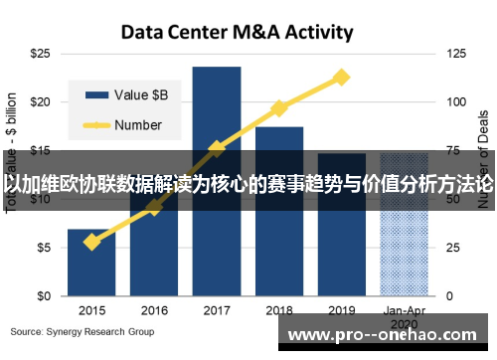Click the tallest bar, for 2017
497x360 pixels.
(x=217, y=179)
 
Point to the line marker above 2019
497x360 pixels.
(x=342, y=77)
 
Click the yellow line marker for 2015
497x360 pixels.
(x=91, y=242)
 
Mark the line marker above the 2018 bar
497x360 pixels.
(x=279, y=107)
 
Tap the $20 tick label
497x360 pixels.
(x=41, y=101)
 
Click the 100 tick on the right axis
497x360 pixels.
(x=457, y=101)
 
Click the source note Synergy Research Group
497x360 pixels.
(x=83, y=331)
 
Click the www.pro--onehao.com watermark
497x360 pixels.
(x=389, y=336)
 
